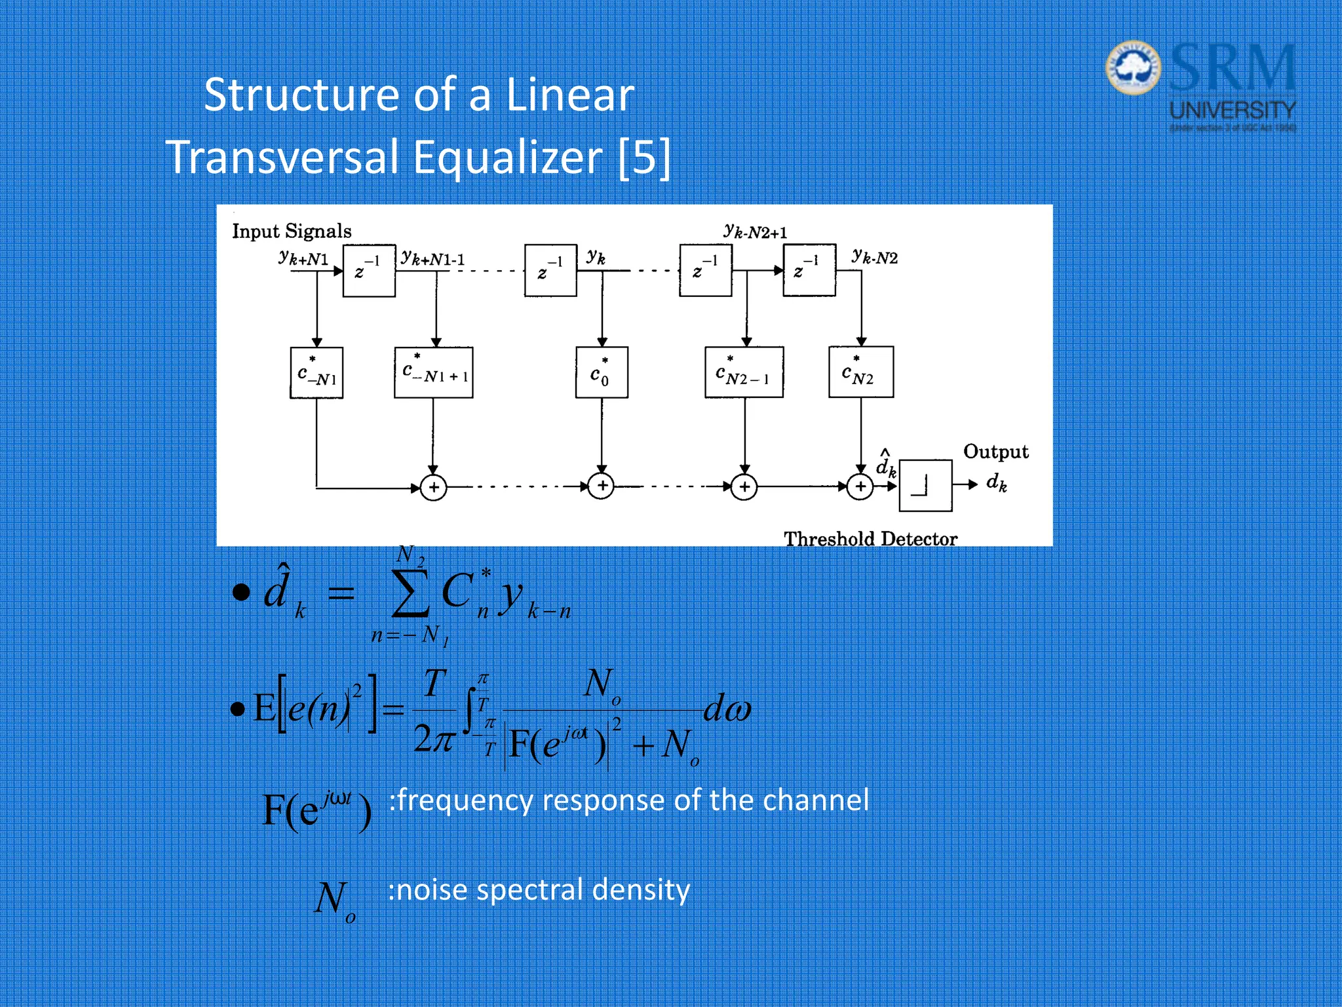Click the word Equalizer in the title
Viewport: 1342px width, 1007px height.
point(507,158)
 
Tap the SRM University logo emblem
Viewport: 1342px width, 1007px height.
point(1133,68)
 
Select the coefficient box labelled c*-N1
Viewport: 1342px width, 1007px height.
point(316,373)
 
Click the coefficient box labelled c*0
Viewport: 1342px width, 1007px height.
point(602,373)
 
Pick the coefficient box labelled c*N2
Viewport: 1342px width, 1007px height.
point(860,372)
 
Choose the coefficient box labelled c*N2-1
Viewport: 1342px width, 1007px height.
point(744,372)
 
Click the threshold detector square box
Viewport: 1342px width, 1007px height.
point(925,486)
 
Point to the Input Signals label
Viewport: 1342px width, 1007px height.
point(292,231)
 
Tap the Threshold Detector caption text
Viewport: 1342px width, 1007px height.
point(870,539)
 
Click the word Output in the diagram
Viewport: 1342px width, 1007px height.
point(995,452)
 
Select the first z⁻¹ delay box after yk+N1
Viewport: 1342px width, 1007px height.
point(369,270)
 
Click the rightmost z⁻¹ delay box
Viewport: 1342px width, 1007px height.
point(809,270)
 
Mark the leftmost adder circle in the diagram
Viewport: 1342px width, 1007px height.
point(433,488)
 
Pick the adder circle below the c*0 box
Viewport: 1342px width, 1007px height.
point(602,486)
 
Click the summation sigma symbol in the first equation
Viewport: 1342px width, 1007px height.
point(410,593)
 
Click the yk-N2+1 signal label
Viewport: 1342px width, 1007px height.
point(756,231)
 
